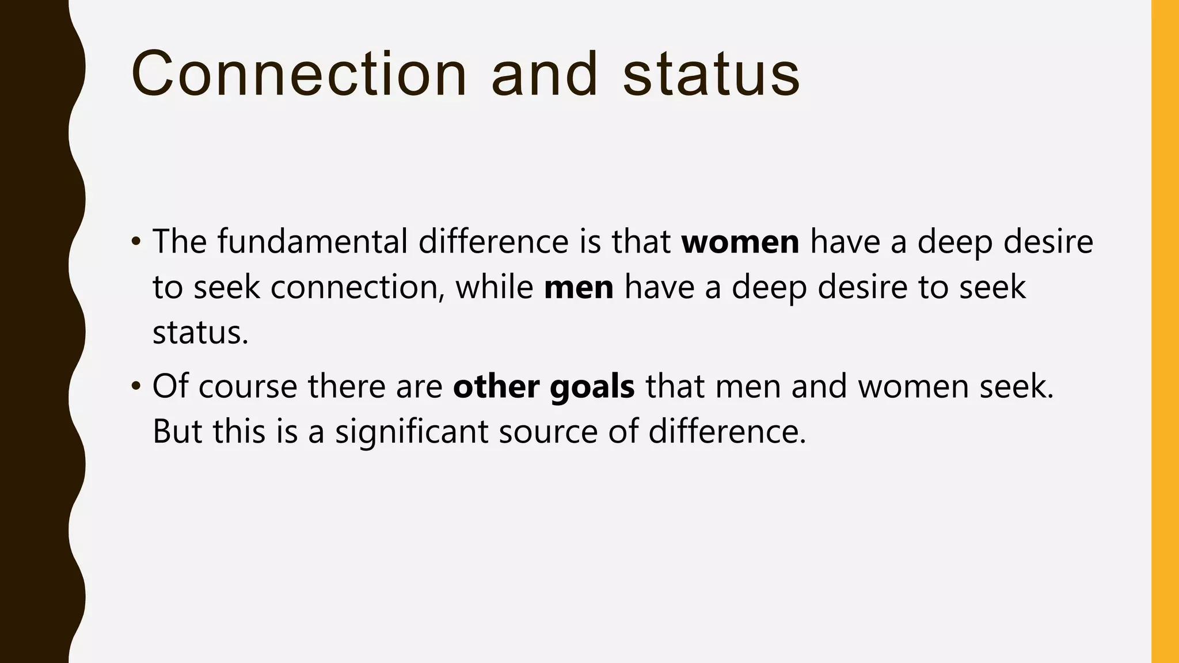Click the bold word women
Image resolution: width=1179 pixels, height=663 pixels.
pyautogui.click(x=740, y=242)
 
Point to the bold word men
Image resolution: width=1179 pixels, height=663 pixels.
pyautogui.click(x=579, y=287)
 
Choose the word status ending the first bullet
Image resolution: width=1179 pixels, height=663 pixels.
pyautogui.click(x=200, y=333)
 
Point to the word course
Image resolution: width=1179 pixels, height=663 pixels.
pyautogui.click(x=248, y=386)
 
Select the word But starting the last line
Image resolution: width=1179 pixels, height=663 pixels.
pyautogui.click(x=177, y=432)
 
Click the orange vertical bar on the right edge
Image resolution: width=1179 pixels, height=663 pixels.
pyautogui.click(x=1165, y=331)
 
